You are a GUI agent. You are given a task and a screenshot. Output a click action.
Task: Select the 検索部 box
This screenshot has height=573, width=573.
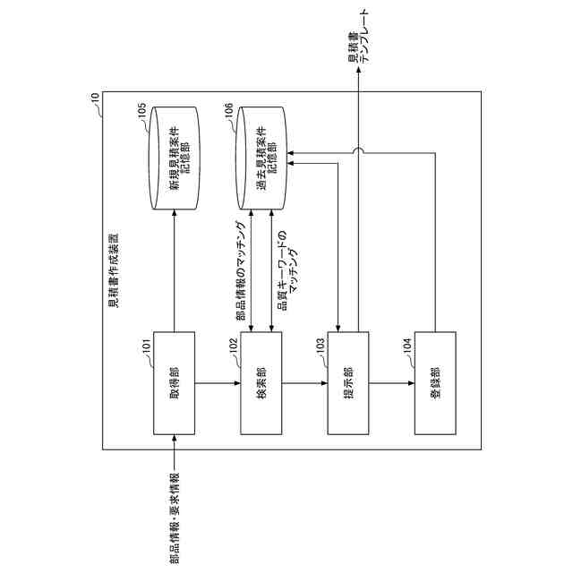click(261, 384)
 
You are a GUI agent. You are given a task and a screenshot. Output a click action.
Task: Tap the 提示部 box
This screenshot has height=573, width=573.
click(348, 384)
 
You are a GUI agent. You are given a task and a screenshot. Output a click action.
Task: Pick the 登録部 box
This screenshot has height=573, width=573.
click(435, 384)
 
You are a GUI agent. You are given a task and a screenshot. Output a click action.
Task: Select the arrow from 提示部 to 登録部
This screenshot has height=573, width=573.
click(392, 384)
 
